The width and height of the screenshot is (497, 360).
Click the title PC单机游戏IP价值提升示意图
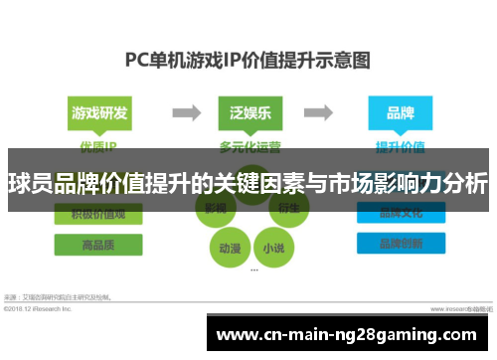tap(248, 59)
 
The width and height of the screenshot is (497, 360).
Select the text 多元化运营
tap(248, 145)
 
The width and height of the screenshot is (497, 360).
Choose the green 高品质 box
tap(98, 243)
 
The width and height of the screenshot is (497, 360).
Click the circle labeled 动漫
tap(228, 245)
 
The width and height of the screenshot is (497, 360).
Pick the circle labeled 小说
tap(270, 245)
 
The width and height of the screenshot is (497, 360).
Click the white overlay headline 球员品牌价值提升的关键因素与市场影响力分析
tap(248, 184)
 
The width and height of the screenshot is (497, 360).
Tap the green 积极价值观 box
tap(98, 213)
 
